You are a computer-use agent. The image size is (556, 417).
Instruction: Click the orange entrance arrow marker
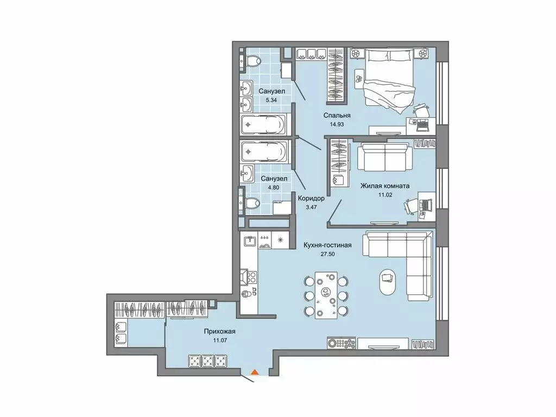click(x=254, y=372)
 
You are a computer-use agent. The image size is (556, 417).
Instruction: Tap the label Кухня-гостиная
click(x=327, y=245)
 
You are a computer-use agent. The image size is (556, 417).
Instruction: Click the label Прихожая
click(x=220, y=331)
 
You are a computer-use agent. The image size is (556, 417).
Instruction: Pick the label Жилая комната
click(x=385, y=185)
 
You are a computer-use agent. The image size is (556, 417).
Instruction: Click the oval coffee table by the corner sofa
click(x=388, y=282)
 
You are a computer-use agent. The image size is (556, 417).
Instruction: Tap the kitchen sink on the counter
click(x=250, y=241)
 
